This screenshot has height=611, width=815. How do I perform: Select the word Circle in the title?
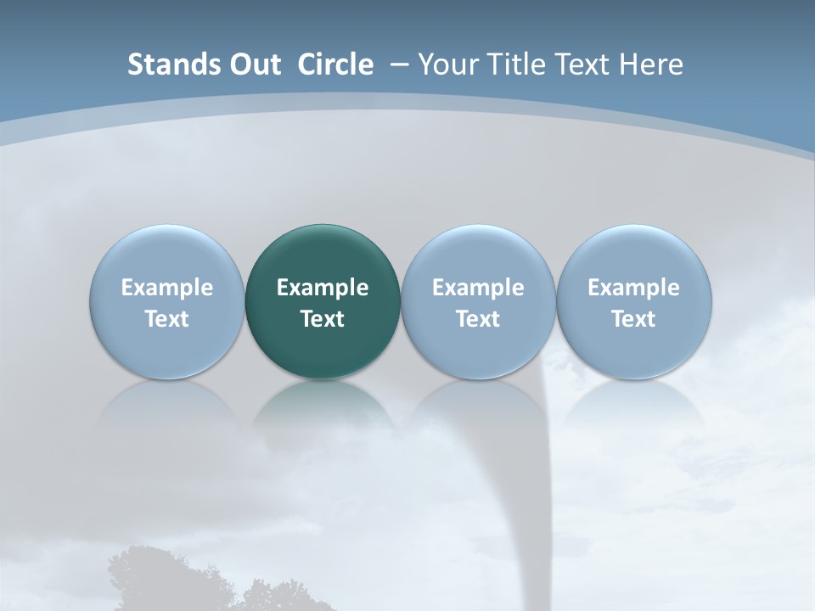335,64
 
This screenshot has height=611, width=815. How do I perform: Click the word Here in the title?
652,64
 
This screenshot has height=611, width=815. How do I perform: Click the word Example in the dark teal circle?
323,288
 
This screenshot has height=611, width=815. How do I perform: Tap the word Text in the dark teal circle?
323,319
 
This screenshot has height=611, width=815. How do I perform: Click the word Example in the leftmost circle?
166,288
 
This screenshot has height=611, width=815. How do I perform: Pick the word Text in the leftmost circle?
166,319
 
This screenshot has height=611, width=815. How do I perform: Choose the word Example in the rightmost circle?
633,288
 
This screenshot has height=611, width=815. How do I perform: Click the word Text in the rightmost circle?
633,319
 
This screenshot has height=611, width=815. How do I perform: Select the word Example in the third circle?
478,288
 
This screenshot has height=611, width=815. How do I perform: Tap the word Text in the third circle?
478,319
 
